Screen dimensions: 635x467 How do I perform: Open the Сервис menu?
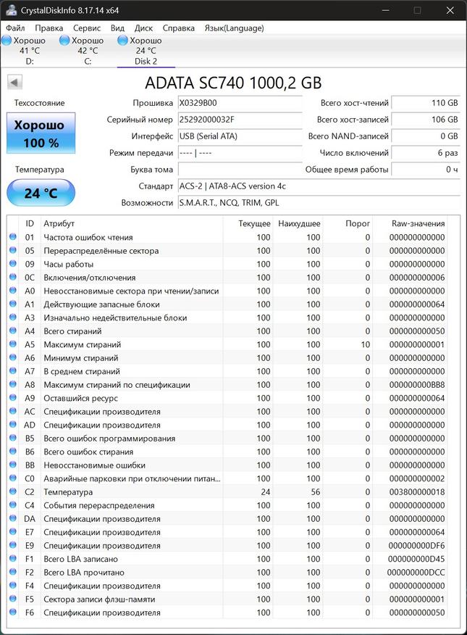pos(86,28)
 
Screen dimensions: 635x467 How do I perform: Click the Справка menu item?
pos(178,28)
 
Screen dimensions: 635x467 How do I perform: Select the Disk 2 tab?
pos(146,51)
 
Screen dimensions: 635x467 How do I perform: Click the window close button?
pos(450,10)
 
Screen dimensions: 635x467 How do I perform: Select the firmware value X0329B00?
pos(239,103)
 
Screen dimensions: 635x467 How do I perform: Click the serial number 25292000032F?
pos(239,120)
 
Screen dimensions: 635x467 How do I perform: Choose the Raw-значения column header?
pos(418,223)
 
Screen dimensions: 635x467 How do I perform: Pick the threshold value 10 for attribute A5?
pos(365,344)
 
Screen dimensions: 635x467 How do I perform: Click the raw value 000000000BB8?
pos(418,384)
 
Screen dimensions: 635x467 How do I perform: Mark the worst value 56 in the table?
pos(314,492)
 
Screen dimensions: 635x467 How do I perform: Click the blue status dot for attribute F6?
pos(12,613)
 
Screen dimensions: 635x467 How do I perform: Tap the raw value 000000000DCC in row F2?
pos(418,573)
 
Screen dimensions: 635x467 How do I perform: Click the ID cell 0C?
pos(30,277)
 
